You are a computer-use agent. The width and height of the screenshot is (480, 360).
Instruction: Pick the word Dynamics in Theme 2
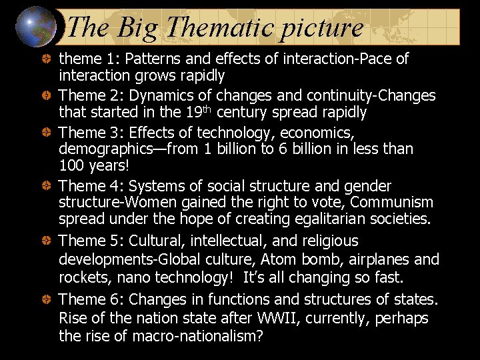[163, 96]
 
